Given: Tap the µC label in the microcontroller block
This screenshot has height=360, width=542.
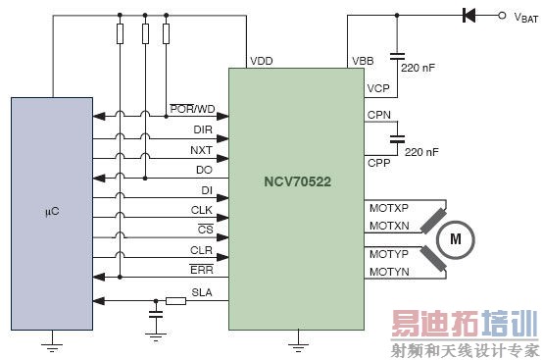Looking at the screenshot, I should tap(52, 211).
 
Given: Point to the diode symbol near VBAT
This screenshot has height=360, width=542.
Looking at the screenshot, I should tap(468, 16).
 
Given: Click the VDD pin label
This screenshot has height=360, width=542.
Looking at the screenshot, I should tap(262, 61).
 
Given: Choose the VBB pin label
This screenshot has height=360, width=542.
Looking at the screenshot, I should tap(363, 61).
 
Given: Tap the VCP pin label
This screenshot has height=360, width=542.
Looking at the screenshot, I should tap(377, 88).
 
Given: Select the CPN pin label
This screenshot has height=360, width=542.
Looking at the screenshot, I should tap(377, 115).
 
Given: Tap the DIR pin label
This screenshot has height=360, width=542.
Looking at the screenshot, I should tap(203, 129).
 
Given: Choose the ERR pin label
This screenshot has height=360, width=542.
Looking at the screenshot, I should tap(203, 270).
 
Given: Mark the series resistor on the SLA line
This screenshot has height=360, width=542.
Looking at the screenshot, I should tap(176, 301).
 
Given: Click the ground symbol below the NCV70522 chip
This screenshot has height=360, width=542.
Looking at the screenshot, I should tap(295, 344).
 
